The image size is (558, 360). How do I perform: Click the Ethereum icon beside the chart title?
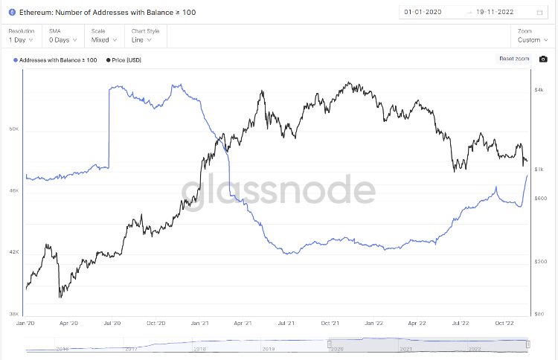(x=12, y=13)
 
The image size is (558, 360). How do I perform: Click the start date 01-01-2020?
(x=423, y=13)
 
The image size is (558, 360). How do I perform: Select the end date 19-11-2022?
(x=497, y=13)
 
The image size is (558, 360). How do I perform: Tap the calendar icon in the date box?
(x=539, y=13)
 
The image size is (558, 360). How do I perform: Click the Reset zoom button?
(x=514, y=59)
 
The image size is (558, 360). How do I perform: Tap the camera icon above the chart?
(x=543, y=59)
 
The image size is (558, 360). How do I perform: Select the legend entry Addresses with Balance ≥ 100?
(x=55, y=60)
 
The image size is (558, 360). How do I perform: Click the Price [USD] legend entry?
(x=127, y=60)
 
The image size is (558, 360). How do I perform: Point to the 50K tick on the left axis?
(x=13, y=129)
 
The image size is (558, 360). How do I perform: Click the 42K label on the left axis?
(x=13, y=252)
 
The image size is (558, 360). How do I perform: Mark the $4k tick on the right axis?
(x=540, y=90)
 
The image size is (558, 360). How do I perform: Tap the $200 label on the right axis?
(x=540, y=261)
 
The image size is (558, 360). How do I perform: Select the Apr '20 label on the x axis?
(x=68, y=324)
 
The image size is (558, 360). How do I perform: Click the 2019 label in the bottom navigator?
(x=268, y=348)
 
